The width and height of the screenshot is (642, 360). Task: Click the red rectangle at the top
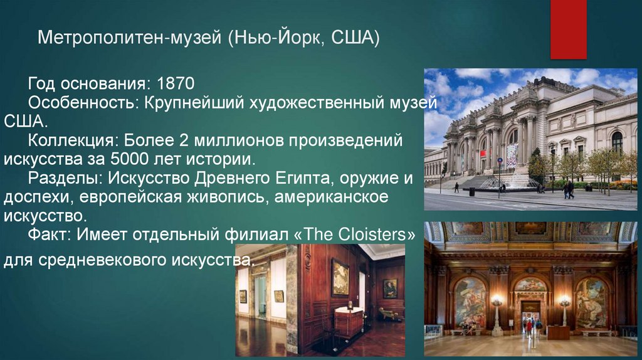[x=568, y=29]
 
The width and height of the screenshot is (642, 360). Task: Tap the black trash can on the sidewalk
[x=471, y=192]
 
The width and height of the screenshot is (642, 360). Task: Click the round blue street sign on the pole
[x=500, y=161]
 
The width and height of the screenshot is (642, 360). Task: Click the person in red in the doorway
[x=529, y=327]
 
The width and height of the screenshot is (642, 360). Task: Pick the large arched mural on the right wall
[x=590, y=302]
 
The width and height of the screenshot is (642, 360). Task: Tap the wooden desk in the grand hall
[x=558, y=332]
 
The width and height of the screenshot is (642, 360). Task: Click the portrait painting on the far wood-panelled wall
[x=389, y=288]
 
